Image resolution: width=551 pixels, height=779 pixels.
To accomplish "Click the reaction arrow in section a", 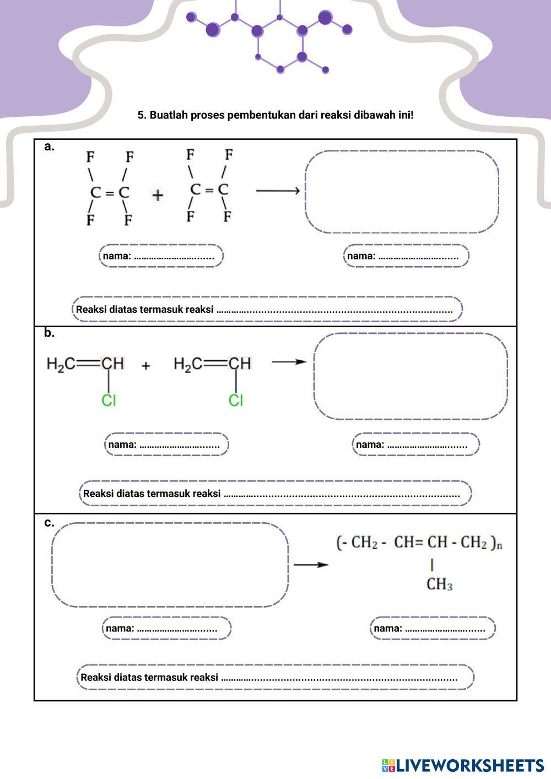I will pyautogui.click(x=278, y=191).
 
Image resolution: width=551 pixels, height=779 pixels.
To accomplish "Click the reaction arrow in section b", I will pyautogui.click(x=289, y=362).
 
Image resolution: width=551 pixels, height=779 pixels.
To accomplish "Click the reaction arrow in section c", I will pyautogui.click(x=311, y=565).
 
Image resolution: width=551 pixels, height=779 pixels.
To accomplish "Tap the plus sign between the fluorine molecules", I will pyautogui.click(x=158, y=195).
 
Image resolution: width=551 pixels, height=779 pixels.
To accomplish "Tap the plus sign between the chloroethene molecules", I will pyautogui.click(x=146, y=365).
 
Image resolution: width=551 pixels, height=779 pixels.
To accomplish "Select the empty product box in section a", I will pyautogui.click(x=402, y=192).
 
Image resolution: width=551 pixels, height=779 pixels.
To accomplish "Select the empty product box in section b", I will pyautogui.click(x=410, y=376).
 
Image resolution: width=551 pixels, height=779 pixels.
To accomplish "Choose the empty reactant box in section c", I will pyautogui.click(x=170, y=565).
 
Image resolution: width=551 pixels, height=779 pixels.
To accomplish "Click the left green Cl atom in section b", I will pyautogui.click(x=109, y=401).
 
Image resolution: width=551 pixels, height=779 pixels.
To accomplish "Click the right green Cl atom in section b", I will pyautogui.click(x=236, y=401).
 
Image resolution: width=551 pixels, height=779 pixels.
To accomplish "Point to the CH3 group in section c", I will pyautogui.click(x=439, y=585).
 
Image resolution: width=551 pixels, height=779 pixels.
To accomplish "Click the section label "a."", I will pyautogui.click(x=50, y=147).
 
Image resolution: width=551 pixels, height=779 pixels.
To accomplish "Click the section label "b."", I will pyautogui.click(x=50, y=333).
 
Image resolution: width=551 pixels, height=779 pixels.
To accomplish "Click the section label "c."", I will pyautogui.click(x=50, y=522).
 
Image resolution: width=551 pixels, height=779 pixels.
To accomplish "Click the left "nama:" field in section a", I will pyautogui.click(x=161, y=256).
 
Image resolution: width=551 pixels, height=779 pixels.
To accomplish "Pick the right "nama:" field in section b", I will pyautogui.click(x=416, y=445).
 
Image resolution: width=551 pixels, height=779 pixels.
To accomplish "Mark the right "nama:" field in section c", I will pyautogui.click(x=433, y=628).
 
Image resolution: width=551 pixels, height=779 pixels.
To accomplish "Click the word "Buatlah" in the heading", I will pyautogui.click(x=168, y=115).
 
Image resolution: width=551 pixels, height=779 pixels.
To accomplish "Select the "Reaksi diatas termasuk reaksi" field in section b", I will pyautogui.click(x=275, y=493).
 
